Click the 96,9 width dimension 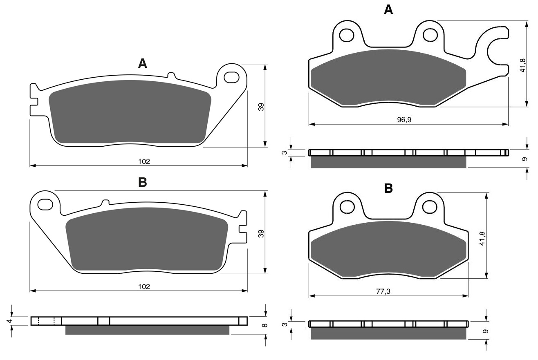[404, 119]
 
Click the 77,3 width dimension [383, 291]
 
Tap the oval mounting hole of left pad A [231, 77]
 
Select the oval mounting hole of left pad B [45, 204]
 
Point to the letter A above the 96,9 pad [388, 10]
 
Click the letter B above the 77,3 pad [388, 189]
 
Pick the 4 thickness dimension [10, 321]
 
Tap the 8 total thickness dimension [265, 325]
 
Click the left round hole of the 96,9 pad [347, 35]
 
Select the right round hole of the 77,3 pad [430, 207]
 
